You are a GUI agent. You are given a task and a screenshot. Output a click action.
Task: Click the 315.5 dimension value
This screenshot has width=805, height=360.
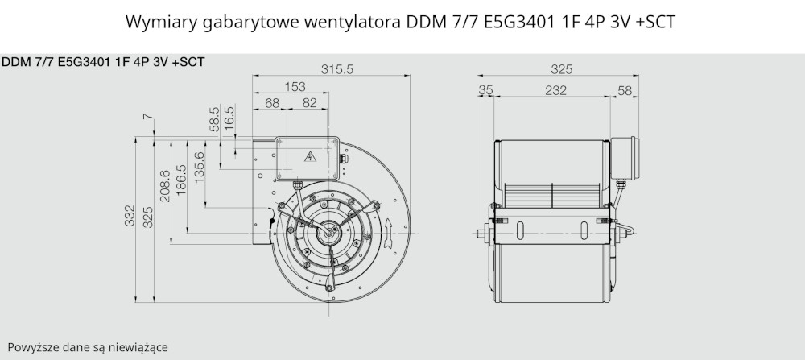[337, 69]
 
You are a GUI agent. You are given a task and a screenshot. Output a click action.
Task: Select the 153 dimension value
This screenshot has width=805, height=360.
[295, 87]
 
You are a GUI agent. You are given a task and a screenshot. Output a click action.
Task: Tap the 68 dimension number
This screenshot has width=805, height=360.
[272, 103]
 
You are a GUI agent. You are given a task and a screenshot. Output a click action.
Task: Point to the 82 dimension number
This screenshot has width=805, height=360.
[310, 103]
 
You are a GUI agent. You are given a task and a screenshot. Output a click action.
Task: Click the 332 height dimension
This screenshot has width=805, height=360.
[130, 216]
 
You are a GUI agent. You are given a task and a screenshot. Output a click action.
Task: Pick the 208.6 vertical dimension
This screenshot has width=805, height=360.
[165, 186]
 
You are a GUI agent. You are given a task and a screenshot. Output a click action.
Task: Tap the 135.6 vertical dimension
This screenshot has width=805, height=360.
[199, 167]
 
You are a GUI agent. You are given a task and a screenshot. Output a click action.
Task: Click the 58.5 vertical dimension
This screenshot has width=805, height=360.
[215, 118]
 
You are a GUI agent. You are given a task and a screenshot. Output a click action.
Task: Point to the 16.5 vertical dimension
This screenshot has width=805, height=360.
[229, 118]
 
